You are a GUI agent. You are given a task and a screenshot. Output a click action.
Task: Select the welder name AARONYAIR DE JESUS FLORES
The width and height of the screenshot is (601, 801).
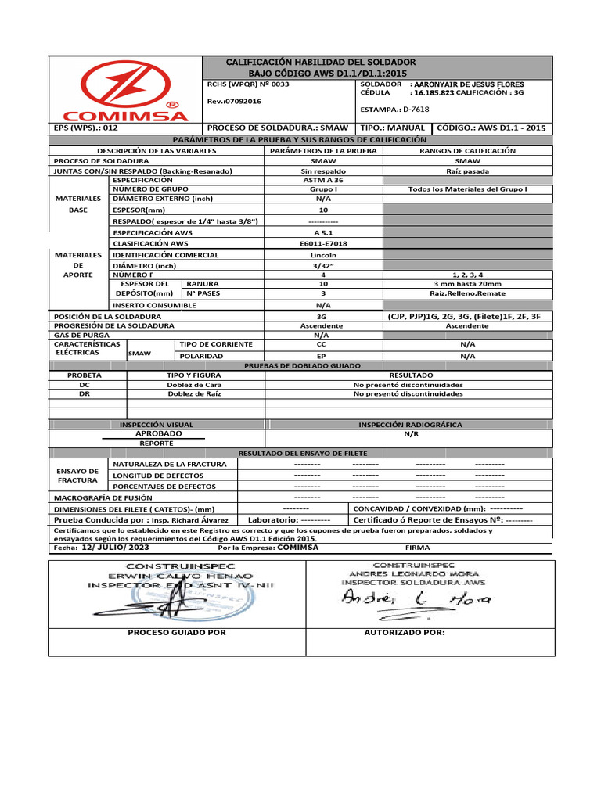[x=468, y=84]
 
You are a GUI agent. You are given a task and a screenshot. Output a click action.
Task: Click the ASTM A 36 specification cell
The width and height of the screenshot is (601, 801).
[x=323, y=180]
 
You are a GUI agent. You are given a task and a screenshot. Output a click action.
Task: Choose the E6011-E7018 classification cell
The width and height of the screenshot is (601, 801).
[x=323, y=243]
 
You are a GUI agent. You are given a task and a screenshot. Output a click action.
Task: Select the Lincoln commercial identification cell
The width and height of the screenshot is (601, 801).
[x=323, y=254]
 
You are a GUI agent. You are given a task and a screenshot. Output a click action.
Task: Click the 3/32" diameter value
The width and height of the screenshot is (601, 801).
[x=323, y=264]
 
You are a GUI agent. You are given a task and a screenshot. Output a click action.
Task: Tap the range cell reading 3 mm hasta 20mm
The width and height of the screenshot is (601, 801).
[x=468, y=284]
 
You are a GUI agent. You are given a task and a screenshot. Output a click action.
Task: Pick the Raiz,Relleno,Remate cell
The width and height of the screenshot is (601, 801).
[x=468, y=293]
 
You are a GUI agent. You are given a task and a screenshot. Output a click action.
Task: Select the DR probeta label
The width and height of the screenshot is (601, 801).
[x=85, y=394]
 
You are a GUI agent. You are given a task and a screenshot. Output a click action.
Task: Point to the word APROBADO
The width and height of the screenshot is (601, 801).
[x=159, y=433]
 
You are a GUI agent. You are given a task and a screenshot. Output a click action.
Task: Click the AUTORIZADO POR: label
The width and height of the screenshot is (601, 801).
[x=405, y=630]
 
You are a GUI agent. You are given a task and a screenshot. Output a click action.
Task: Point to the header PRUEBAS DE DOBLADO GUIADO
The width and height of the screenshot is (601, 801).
[x=303, y=365]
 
